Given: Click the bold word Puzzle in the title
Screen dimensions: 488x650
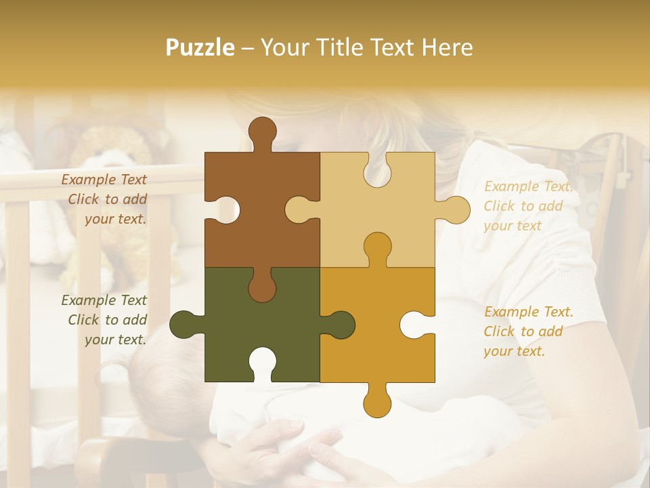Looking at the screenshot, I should click(x=200, y=47).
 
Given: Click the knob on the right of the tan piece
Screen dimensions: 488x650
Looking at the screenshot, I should click(x=454, y=209).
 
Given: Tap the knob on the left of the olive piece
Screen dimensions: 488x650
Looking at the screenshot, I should click(x=185, y=325).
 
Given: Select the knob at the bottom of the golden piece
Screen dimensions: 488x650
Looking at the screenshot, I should click(x=377, y=401).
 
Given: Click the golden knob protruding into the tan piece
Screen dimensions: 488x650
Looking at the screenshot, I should click(x=377, y=247).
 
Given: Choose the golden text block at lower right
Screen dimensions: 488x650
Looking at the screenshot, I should click(x=528, y=331).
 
